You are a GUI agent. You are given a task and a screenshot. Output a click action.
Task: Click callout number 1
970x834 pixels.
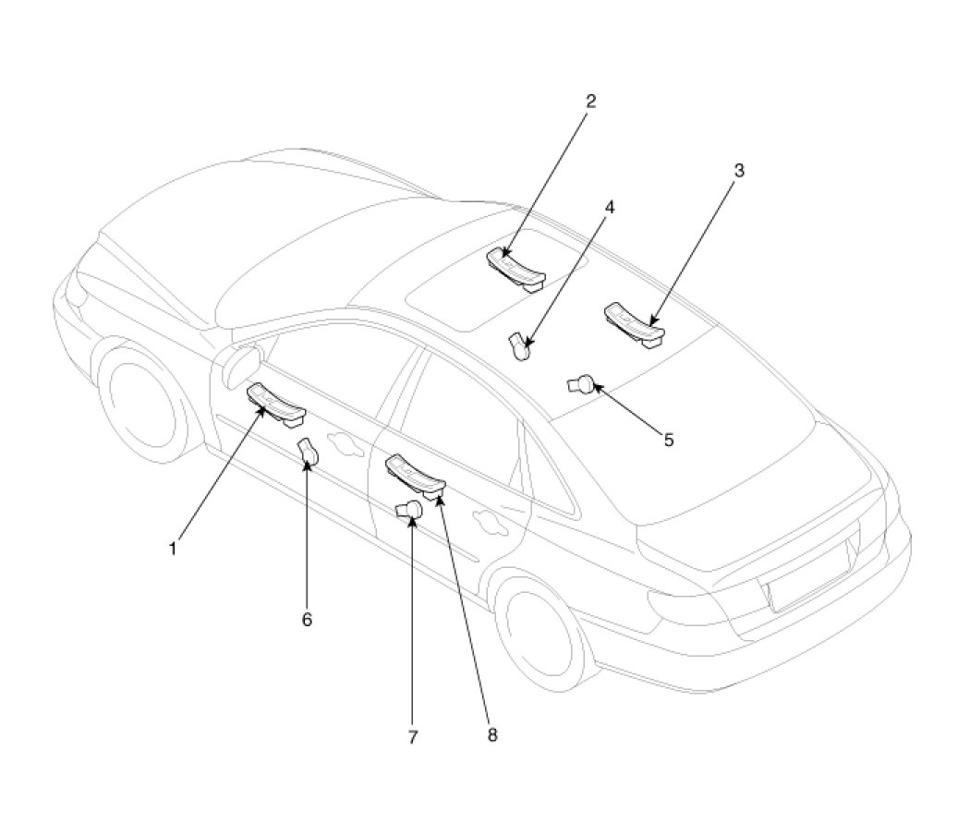pos(174,549)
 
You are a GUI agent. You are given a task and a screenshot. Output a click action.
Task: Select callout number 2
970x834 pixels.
pos(591,101)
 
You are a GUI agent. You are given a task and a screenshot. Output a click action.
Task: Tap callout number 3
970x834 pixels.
pos(739,170)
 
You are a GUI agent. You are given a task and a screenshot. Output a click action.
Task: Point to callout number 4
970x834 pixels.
pos(610,207)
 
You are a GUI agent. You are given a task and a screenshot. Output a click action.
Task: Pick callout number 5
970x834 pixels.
pos(669,440)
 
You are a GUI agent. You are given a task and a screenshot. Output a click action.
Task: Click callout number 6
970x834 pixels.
pos(307,619)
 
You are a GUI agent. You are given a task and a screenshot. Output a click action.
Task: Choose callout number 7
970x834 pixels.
pos(413,737)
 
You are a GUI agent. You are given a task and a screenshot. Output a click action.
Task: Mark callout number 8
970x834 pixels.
pos(491,734)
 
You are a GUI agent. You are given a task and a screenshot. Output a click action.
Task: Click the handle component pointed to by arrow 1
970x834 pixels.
pos(276,405)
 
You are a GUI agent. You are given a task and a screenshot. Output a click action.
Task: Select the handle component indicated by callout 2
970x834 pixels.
pos(516,268)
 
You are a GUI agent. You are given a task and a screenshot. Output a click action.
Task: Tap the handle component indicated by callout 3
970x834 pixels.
pos(634,324)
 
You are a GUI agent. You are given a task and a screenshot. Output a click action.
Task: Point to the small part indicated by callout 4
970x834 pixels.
pos(519,346)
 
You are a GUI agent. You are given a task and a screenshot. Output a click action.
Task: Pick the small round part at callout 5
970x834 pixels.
pos(581,386)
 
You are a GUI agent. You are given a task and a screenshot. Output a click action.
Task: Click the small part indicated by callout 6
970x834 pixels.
pos(309,452)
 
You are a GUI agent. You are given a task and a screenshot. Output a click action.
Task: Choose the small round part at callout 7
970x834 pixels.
pos(409,511)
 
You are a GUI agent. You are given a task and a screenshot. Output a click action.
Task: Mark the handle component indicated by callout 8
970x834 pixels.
pos(415,476)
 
